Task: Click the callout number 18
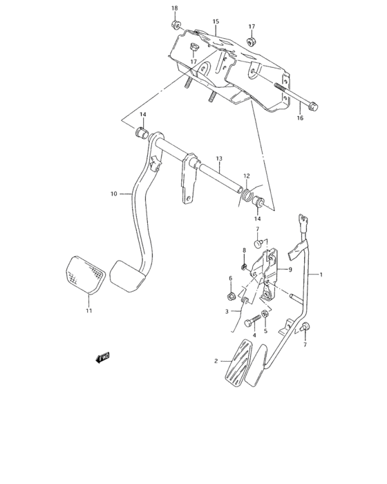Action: (174, 8)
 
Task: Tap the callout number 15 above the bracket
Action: (216, 21)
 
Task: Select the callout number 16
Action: (300, 118)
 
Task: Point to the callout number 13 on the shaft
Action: (218, 158)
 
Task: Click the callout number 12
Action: (246, 176)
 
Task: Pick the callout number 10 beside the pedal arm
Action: (114, 194)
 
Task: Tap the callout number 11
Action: (88, 312)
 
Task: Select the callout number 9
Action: (291, 269)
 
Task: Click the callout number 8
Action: (244, 250)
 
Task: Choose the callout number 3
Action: (226, 312)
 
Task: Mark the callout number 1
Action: (321, 274)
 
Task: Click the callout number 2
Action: (216, 361)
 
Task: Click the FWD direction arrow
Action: (104, 357)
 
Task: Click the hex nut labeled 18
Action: (176, 27)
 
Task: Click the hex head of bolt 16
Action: (313, 106)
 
